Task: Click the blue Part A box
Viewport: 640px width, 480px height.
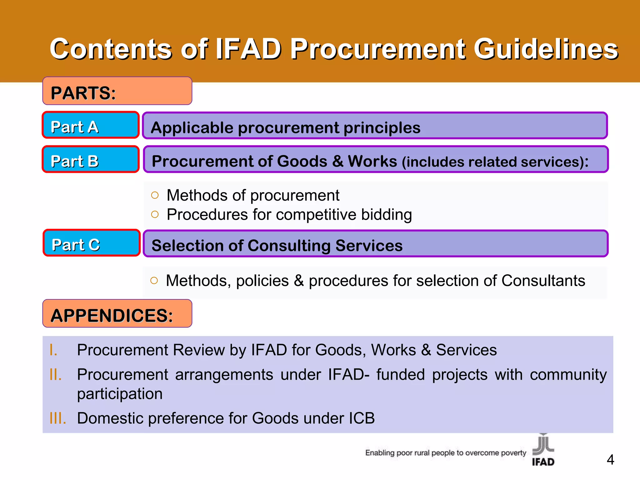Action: coord(91,125)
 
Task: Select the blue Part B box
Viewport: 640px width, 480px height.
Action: coord(91,159)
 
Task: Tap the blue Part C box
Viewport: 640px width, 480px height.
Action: coord(91,243)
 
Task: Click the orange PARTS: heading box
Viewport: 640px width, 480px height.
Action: coord(117,91)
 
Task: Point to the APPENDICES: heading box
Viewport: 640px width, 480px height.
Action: coord(117,314)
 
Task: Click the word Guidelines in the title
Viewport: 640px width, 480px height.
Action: coord(546,49)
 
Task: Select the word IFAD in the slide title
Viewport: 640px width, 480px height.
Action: coord(248,49)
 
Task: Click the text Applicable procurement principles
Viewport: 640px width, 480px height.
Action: coord(285,127)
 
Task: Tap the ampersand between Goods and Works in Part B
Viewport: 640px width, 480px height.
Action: coord(337,161)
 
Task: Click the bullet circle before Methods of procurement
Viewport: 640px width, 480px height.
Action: coord(155,195)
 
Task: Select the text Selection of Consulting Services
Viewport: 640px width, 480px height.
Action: coord(277,245)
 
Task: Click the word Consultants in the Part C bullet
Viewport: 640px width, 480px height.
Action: coord(543,280)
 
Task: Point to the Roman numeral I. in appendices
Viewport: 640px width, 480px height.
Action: coord(53,350)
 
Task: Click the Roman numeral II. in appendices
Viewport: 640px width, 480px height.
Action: coord(56,374)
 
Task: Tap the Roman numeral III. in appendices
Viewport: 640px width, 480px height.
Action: coord(58,418)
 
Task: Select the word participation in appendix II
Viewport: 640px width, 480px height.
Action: coord(120,394)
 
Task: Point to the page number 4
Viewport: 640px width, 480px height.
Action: coord(610,460)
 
